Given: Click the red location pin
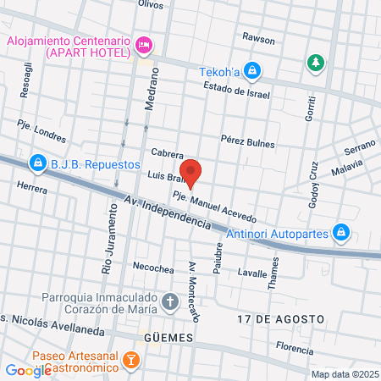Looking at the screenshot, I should pos(190,172).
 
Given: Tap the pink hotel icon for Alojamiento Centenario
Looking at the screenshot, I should pos(145,42).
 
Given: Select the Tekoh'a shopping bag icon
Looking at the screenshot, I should pos(251,70).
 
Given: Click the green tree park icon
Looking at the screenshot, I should pos(315,63).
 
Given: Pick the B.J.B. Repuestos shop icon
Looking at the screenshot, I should pos(36,161).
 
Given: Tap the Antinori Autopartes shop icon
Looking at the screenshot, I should pos(340,230).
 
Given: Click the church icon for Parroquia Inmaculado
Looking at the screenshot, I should pos(170,300).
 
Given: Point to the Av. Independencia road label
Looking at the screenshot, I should pos(166,213).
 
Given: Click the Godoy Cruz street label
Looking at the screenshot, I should pos(312,185).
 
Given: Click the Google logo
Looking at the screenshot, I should pos(28,370).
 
